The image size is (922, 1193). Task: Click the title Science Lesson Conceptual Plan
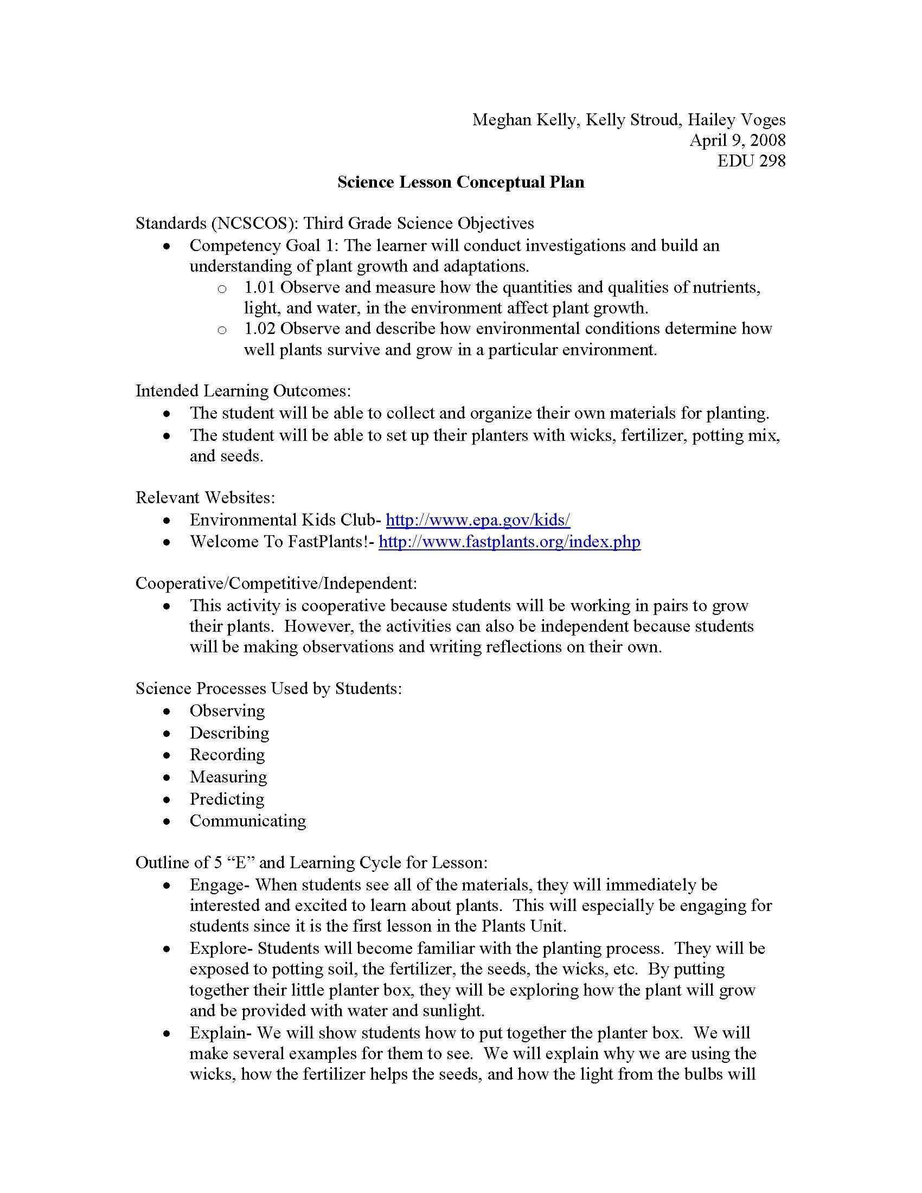coord(460,182)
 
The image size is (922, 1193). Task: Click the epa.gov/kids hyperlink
coord(478,519)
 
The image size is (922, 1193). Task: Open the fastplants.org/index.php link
coord(509,541)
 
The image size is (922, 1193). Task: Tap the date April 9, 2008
coord(737,140)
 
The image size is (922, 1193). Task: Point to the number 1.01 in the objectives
coord(260,287)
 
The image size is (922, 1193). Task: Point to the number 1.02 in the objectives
coord(260,329)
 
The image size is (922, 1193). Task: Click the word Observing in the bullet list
coord(227,711)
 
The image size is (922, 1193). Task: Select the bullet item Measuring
coord(228,777)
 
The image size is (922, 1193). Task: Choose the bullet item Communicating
coord(247,821)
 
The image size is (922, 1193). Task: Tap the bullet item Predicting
coord(227,799)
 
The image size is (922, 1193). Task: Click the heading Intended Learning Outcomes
coord(243,391)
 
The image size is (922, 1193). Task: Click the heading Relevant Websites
coord(206,498)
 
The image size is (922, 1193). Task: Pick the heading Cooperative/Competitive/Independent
coord(276,583)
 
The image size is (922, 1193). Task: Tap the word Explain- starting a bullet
coord(221,1033)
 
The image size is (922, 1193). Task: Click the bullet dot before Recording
coord(167,755)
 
